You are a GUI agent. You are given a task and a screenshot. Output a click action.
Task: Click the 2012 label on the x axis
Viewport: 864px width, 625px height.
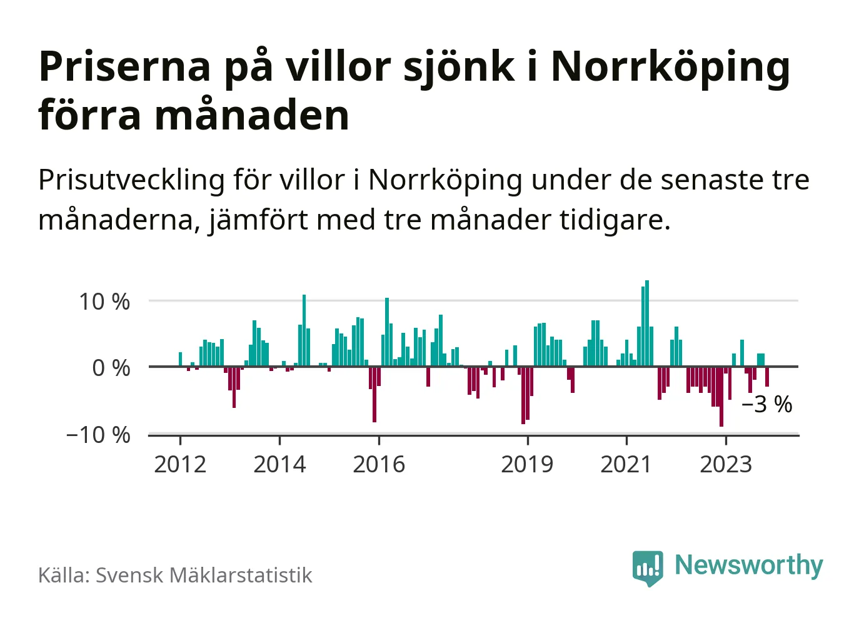(x=180, y=464)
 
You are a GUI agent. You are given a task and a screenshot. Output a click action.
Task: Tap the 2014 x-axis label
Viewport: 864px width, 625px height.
(x=279, y=464)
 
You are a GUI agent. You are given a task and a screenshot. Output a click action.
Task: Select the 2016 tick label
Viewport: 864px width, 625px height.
(x=379, y=464)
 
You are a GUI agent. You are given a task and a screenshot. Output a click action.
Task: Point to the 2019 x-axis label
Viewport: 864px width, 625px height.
(x=527, y=464)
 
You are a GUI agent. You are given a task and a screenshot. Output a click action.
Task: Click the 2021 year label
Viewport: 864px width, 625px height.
(x=626, y=464)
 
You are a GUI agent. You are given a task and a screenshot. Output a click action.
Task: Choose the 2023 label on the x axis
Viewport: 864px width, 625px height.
(x=725, y=464)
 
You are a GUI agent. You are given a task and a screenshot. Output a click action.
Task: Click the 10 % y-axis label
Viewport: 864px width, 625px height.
(x=104, y=302)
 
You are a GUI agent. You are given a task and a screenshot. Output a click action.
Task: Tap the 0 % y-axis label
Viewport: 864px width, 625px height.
(x=111, y=368)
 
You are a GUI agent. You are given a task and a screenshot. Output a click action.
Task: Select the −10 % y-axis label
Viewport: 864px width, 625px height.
(x=98, y=435)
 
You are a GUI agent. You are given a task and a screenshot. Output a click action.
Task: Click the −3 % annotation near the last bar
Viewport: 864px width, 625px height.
(x=766, y=405)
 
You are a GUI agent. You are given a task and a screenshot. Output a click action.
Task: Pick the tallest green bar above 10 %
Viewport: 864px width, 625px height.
(x=647, y=323)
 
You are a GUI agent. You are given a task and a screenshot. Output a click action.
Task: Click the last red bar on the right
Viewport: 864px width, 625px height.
(x=767, y=377)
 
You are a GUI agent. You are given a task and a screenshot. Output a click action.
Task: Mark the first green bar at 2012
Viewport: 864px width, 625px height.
(x=180, y=360)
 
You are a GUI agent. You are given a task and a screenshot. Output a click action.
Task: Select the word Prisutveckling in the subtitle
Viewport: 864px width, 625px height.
(x=131, y=181)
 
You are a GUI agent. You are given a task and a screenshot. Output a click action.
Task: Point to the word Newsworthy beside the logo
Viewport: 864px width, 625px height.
(x=749, y=565)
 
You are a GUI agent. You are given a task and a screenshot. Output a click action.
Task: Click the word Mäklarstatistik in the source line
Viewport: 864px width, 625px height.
(x=241, y=576)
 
